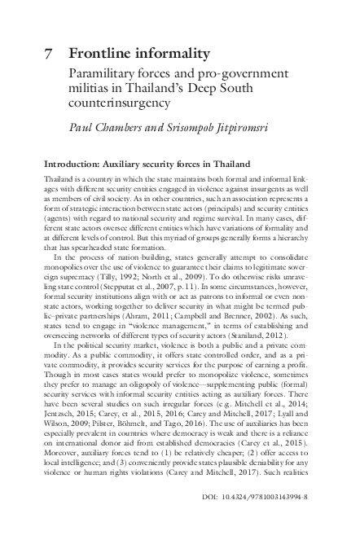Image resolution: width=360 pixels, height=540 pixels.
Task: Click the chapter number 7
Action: pos(47,54)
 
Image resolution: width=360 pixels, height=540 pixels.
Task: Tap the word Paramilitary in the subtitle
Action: pos(103,73)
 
